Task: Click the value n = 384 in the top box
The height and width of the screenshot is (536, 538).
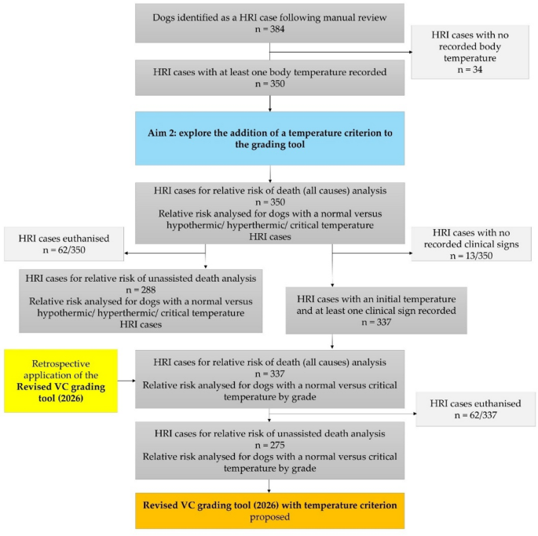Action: pos(269,30)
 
